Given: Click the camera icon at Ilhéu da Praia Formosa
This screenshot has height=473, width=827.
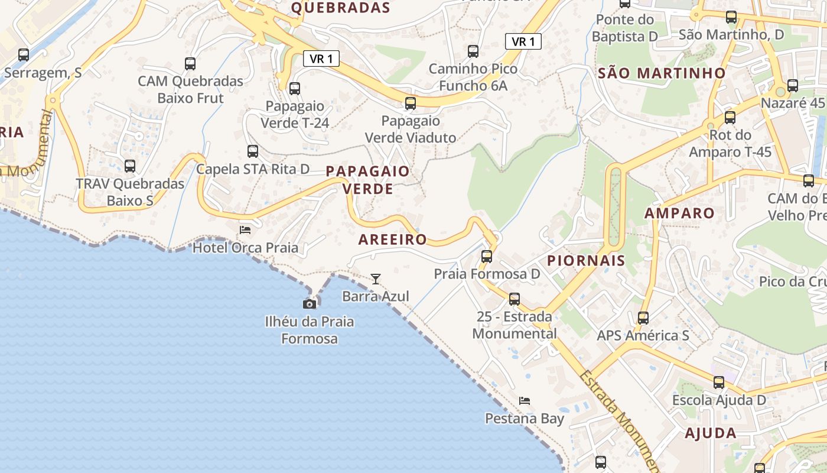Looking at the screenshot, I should click(309, 304).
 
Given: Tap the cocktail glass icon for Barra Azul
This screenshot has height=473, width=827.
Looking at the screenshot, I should click(376, 278).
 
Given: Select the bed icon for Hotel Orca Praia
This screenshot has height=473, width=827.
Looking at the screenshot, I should click(245, 229).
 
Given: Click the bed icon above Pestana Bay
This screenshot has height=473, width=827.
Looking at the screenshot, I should click(525, 401).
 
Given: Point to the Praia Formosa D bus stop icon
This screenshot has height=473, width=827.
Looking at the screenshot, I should click(487, 257).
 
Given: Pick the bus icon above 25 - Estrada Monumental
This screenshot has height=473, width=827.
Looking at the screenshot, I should click(515, 299).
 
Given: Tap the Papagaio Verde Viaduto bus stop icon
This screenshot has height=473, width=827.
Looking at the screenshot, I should click(411, 103).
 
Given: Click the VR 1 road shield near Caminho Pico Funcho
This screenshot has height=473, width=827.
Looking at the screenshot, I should click(523, 41).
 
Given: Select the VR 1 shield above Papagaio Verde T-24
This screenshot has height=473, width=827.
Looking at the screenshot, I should click(321, 59).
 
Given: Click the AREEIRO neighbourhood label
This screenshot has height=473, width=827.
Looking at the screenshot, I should click(393, 239).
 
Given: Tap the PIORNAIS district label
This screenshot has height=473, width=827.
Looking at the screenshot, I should click(586, 261).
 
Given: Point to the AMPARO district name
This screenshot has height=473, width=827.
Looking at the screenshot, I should click(679, 213).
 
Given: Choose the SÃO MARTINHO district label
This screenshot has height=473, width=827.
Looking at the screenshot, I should click(662, 73).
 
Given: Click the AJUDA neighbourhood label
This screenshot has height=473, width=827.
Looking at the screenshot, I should click(711, 433).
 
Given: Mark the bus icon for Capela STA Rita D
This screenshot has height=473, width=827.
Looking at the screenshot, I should click(253, 151).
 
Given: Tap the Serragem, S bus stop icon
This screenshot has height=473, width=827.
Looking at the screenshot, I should click(24, 55).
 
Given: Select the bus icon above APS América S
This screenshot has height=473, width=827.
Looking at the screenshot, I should click(643, 318).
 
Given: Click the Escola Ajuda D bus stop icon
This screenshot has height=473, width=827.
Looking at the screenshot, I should click(719, 383).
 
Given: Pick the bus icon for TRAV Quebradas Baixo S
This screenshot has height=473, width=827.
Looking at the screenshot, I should click(130, 166).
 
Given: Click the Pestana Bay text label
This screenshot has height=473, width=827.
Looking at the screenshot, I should click(525, 419).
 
